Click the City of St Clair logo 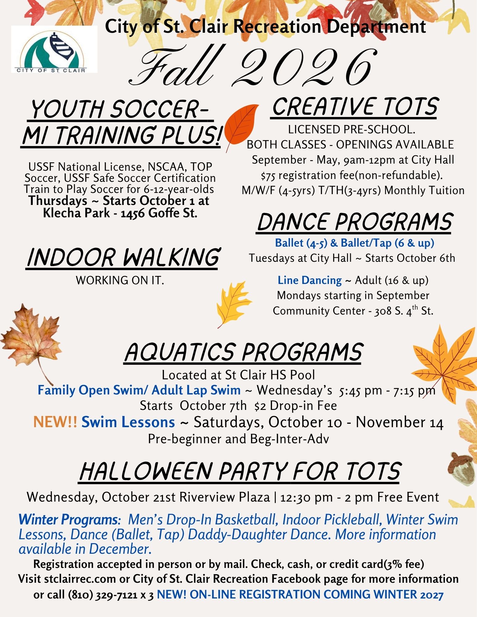pos(54,49)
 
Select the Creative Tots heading pos(354,107)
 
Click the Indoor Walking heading pos(123,257)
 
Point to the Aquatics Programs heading pos(243,352)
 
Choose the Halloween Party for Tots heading pos(240,472)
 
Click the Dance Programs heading pos(354,222)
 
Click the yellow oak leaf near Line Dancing pos(233,304)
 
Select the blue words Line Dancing pos(310,280)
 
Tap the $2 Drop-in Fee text pos(295,406)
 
